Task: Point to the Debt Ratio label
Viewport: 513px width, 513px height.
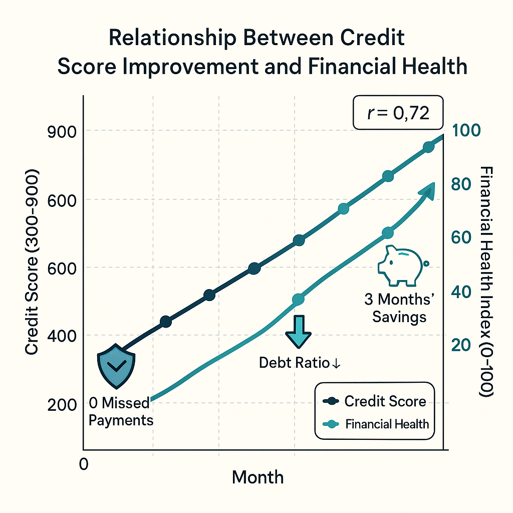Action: pyautogui.click(x=300, y=363)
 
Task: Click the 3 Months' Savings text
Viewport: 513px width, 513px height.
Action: pyautogui.click(x=399, y=308)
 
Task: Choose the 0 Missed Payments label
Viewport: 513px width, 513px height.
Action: pyautogui.click(x=120, y=411)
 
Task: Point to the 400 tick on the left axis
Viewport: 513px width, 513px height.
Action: pyautogui.click(x=62, y=336)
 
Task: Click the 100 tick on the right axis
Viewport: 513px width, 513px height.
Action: pyautogui.click(x=466, y=130)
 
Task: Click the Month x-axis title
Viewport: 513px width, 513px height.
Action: pyautogui.click(x=258, y=477)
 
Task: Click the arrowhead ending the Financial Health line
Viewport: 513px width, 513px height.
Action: pyautogui.click(x=428, y=189)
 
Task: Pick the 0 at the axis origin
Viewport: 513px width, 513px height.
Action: pyautogui.click(x=84, y=464)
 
